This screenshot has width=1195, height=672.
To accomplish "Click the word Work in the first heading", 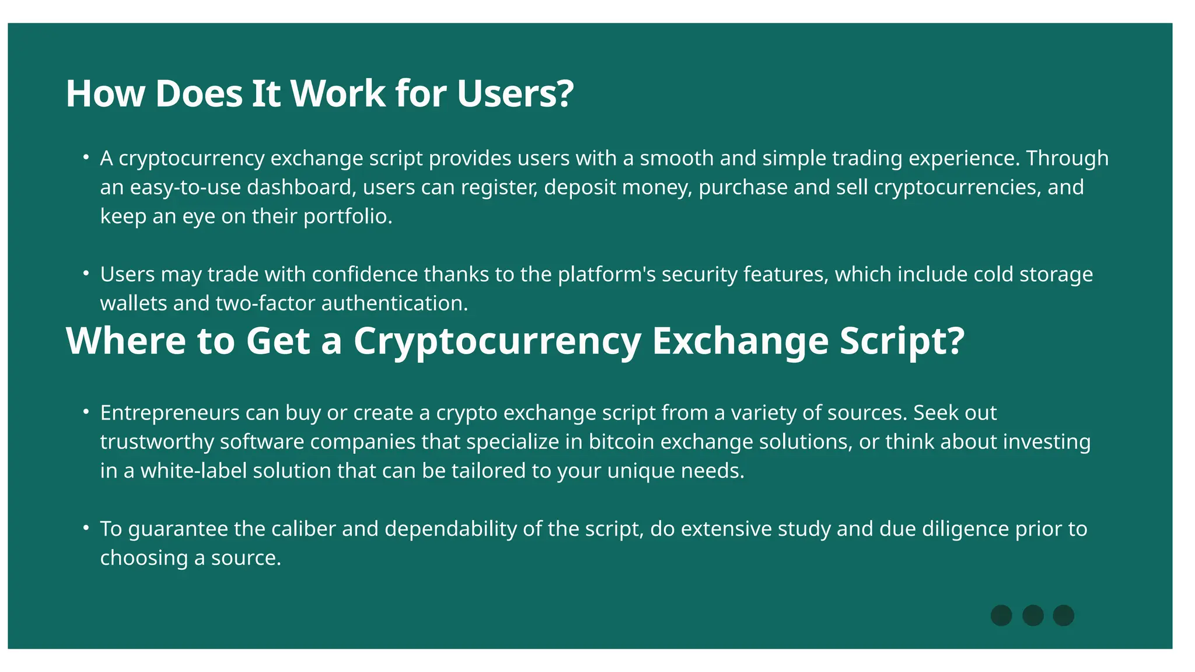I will [x=338, y=93].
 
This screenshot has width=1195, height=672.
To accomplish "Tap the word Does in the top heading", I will [x=198, y=93].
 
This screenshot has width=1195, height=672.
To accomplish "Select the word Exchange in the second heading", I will [x=740, y=341].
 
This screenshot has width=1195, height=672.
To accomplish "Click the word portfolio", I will [x=348, y=216].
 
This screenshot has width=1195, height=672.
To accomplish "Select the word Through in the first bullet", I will [x=1067, y=158].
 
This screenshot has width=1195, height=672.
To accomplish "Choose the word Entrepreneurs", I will [x=170, y=413].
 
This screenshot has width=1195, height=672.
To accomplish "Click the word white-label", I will [x=194, y=471].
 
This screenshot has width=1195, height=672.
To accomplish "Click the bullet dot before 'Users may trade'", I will [x=86, y=273].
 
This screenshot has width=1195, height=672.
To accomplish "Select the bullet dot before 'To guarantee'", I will [x=86, y=528].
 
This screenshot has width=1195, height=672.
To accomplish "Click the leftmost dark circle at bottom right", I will [x=1001, y=615].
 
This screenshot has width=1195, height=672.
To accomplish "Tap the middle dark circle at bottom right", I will [x=1033, y=615].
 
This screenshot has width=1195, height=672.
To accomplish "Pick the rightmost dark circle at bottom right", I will [x=1064, y=615].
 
